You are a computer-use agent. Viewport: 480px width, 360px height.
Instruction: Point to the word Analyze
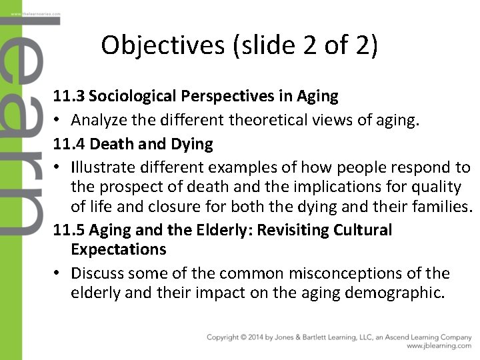coord(99,121)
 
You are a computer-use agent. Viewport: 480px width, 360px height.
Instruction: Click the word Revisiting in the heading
coord(289,231)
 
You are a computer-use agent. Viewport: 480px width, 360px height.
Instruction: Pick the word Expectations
coord(118,250)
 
